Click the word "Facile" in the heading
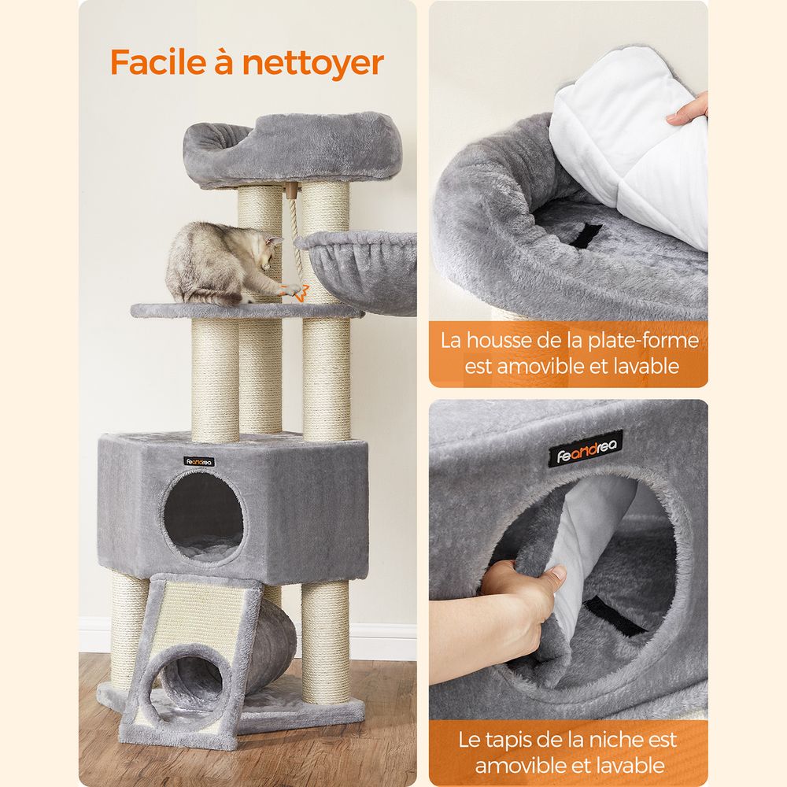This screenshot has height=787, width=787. point(158,62)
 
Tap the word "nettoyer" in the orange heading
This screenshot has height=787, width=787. point(313,65)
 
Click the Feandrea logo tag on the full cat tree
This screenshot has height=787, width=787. point(199,462)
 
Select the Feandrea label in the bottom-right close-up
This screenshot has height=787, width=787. point(586,449)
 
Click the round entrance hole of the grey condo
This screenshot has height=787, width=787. point(204,518)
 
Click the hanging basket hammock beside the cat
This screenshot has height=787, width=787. point(360,268)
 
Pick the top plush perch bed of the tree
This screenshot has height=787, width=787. point(290,149)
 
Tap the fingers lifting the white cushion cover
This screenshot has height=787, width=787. point(689,110)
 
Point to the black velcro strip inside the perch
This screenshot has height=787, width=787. point(586,235)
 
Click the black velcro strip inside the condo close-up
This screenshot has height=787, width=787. point(613,615)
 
